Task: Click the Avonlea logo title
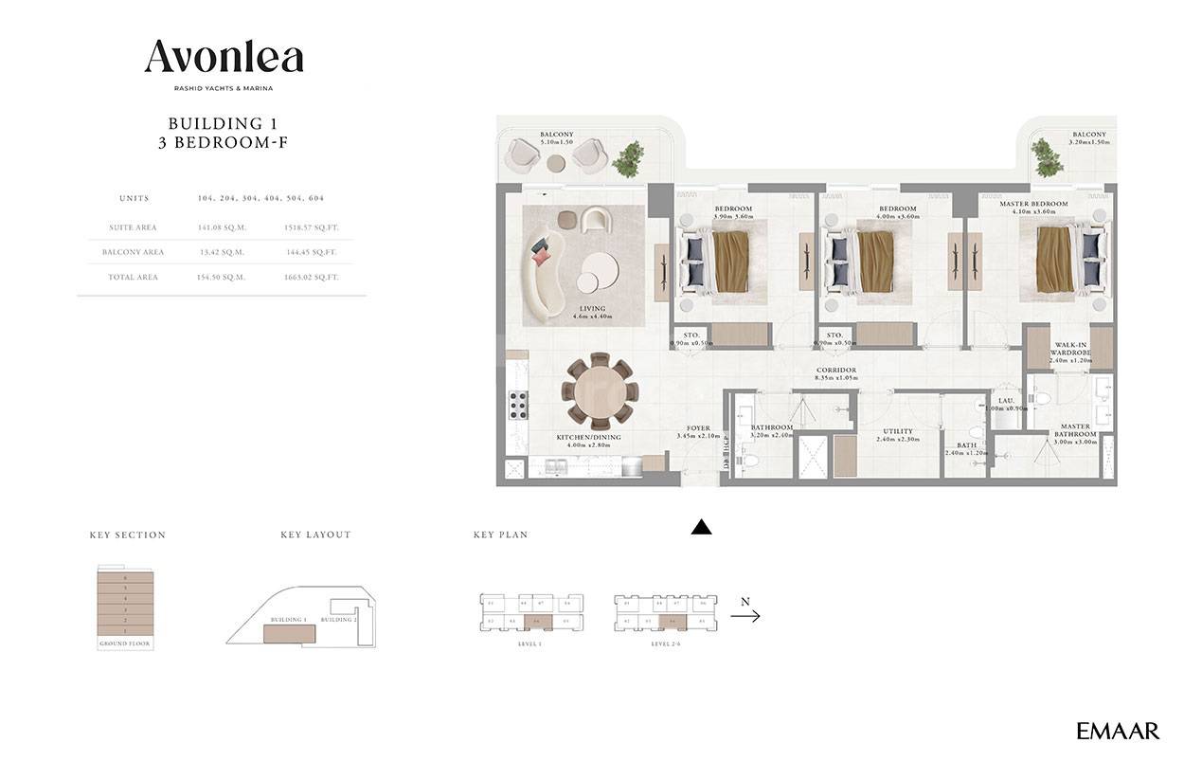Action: pos(224,58)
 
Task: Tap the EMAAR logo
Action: pos(1118,731)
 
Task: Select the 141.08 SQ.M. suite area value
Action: pos(221,227)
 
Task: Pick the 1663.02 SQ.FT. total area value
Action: pos(312,277)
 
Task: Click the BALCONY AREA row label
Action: pos(134,252)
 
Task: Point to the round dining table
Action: pos(598,392)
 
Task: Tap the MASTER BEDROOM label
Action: pos(1033,204)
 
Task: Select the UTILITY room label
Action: pos(898,431)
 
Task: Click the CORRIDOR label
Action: pos(836,371)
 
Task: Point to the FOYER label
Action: pos(698,428)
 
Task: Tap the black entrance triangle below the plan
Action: pos(701,528)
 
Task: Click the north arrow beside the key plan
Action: pos(745,615)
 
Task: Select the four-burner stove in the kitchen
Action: pos(518,405)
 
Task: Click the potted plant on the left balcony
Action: pos(626,158)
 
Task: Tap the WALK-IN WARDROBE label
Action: pos(1070,352)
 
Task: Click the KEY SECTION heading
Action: pos(128,535)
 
